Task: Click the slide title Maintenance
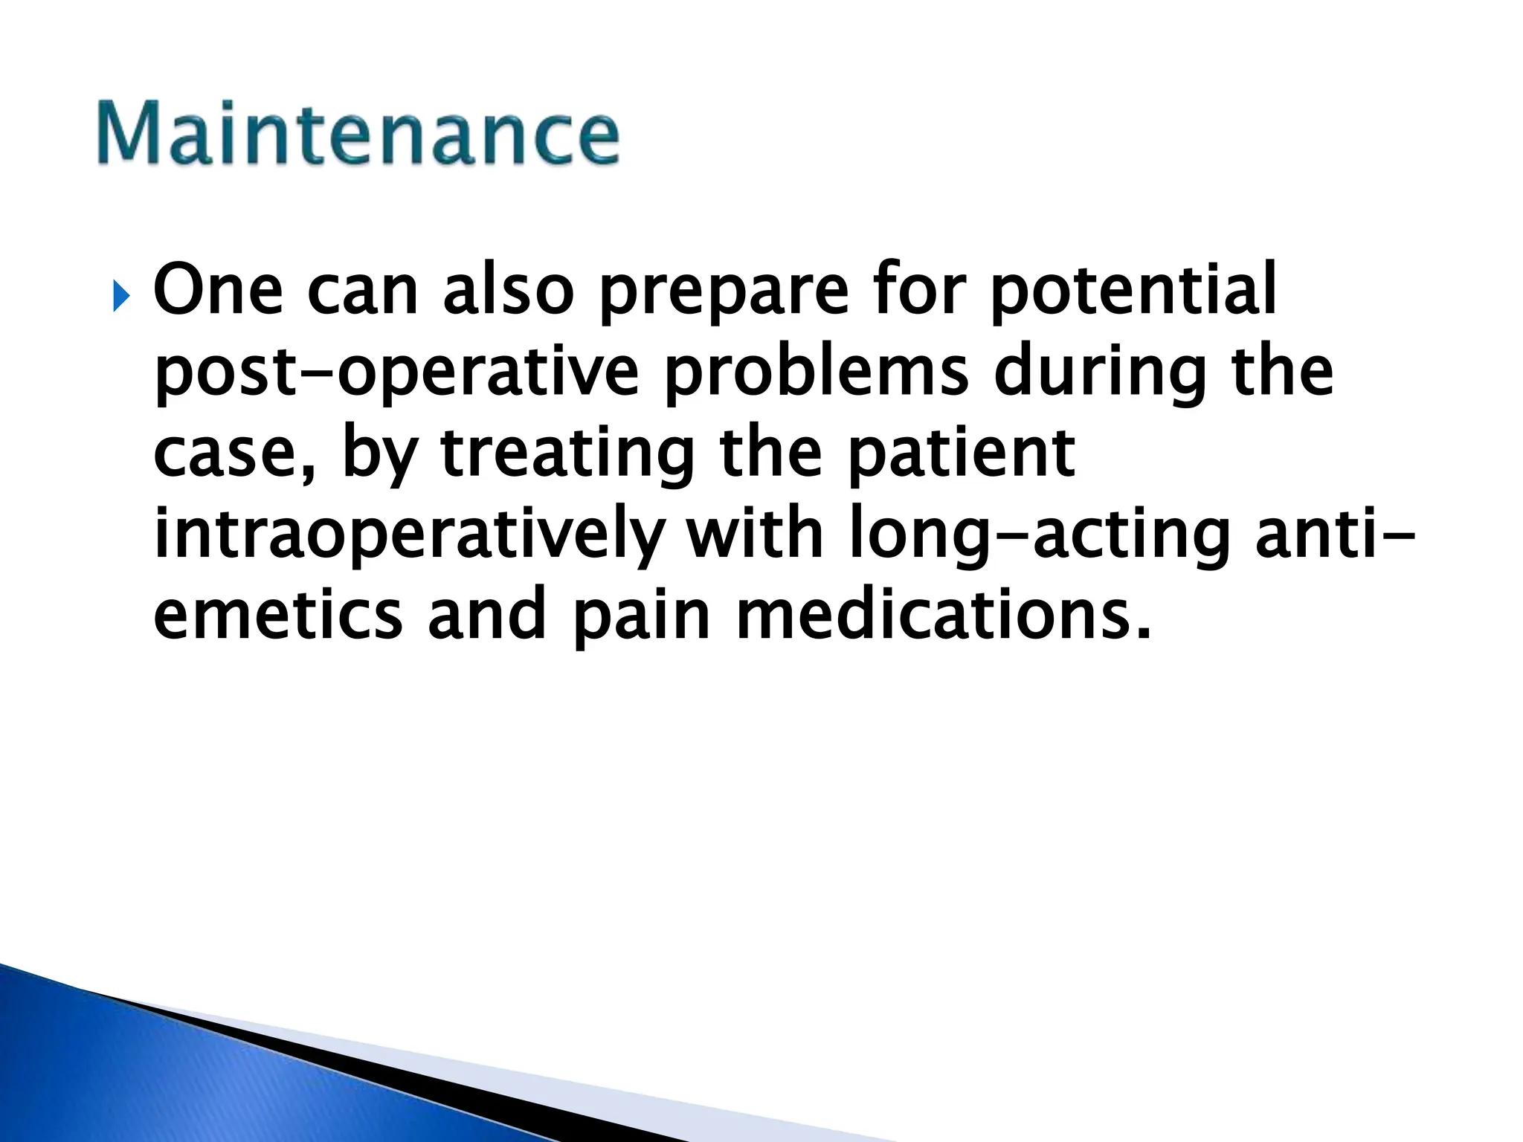coord(357,134)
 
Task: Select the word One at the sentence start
coord(218,290)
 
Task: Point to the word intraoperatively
coord(407,536)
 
